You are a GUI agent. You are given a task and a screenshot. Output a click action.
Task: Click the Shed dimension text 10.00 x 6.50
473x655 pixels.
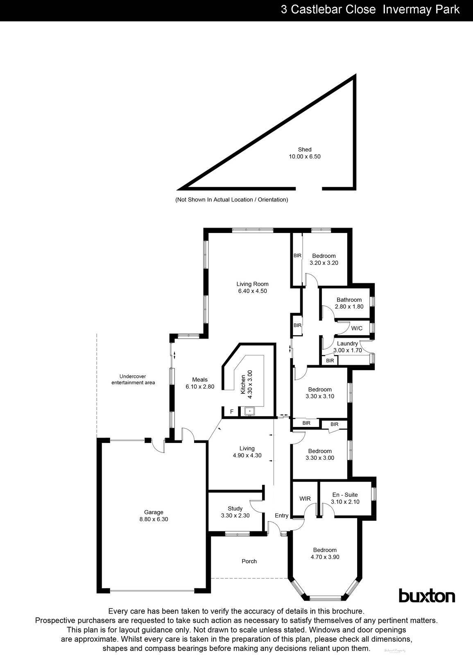point(304,156)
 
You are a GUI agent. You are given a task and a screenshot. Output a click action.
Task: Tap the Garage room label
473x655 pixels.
point(154,512)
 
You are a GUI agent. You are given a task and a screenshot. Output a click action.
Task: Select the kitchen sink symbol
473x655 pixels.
point(249,411)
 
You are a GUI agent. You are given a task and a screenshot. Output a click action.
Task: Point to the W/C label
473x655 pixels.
point(357,328)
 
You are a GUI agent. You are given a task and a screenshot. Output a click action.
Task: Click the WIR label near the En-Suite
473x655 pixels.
point(305,499)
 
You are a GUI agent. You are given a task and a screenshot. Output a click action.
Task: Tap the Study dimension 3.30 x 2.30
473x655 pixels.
point(235,515)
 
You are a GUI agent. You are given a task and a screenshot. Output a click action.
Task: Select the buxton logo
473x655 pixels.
point(427,596)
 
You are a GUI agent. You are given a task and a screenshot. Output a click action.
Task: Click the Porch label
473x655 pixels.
point(249,561)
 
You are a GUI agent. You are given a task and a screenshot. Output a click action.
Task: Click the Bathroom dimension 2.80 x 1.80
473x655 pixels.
point(349,307)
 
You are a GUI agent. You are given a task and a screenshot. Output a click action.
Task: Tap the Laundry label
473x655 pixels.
point(347,343)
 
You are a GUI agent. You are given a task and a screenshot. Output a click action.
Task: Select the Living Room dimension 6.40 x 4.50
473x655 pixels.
point(252,291)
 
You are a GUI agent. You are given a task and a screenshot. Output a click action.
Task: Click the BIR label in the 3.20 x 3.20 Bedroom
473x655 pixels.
point(297,255)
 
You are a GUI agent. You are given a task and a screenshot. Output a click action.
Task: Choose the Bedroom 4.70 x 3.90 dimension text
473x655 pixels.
point(324,557)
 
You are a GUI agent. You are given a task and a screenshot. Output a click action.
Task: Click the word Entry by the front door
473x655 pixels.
point(281,515)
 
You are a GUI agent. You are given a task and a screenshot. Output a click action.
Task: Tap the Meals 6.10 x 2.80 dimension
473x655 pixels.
point(200,386)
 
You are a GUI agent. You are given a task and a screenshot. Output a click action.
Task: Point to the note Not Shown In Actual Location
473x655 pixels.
point(231,200)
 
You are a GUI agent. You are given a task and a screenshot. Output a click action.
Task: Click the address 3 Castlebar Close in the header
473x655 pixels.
point(328,9)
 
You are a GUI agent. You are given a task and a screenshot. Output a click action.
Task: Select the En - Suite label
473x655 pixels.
point(345,495)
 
